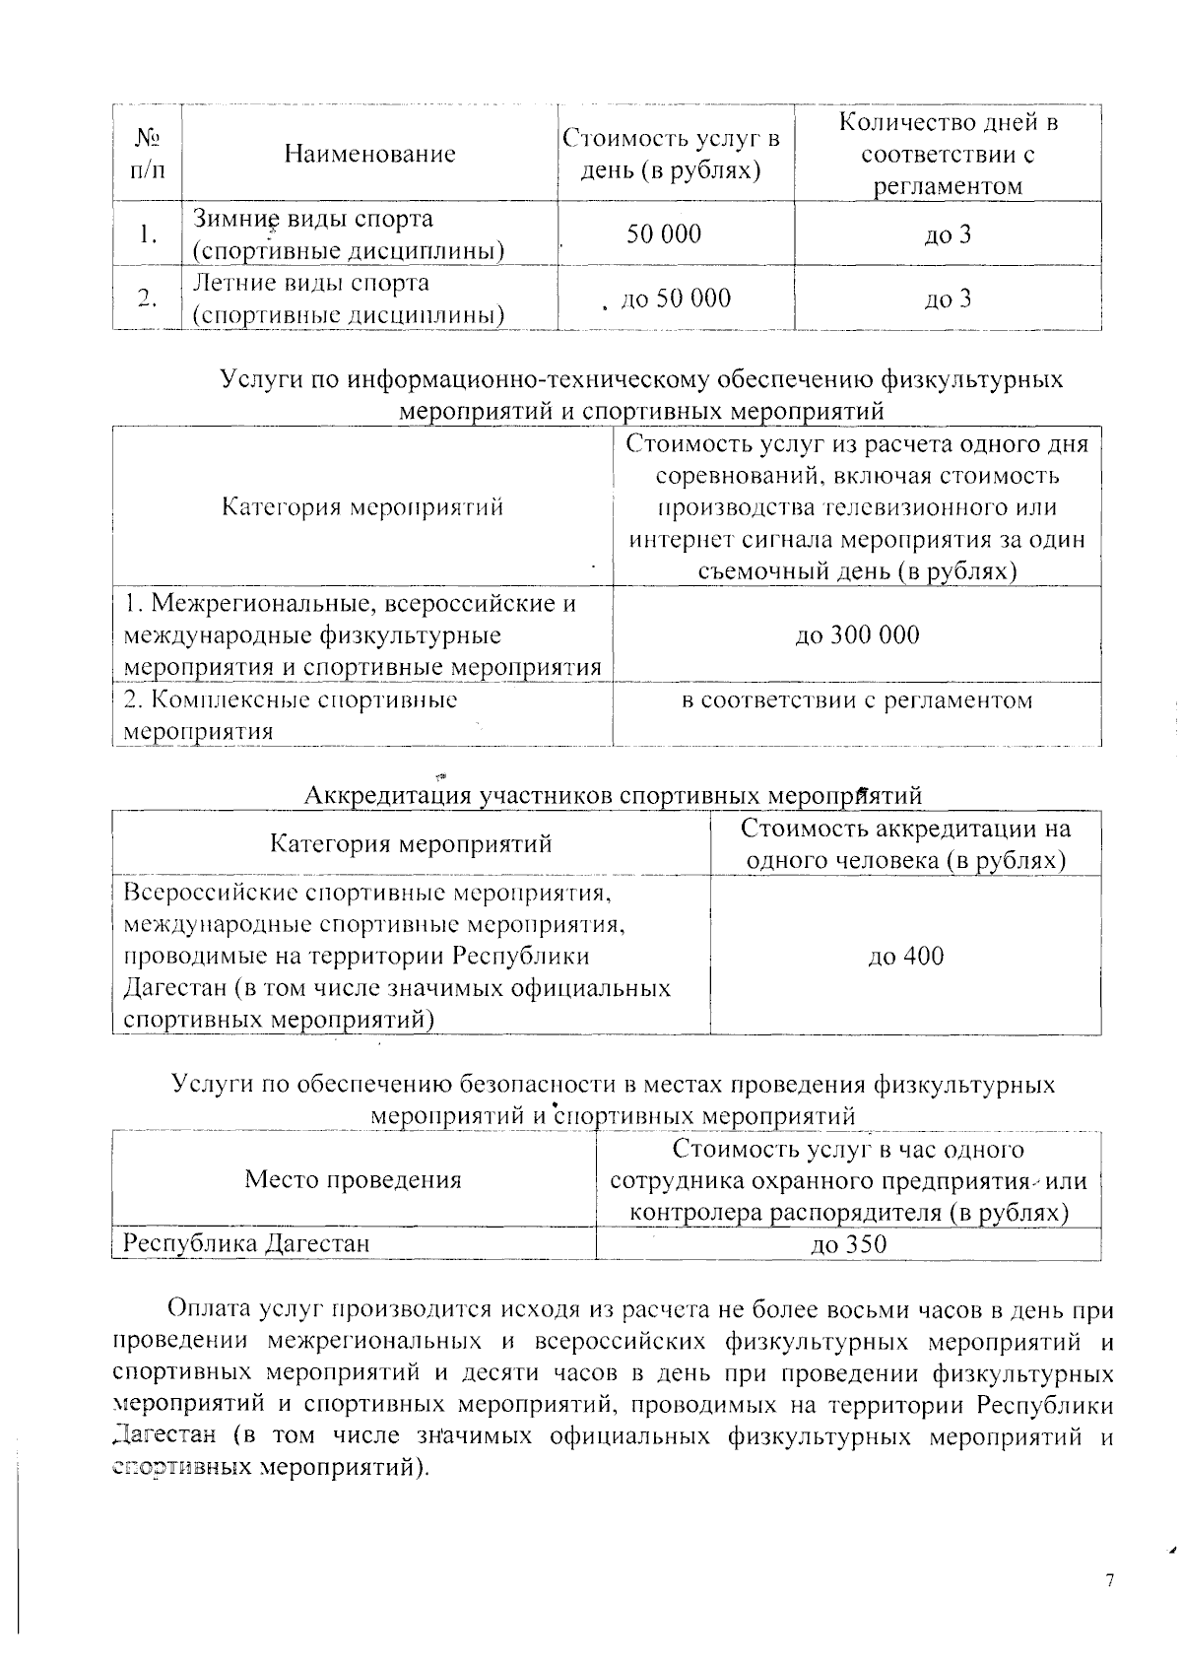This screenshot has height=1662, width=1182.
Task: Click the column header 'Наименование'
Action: click(369, 154)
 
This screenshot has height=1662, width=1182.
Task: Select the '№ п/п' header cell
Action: click(147, 154)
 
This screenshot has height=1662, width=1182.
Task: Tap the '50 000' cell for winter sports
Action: click(664, 234)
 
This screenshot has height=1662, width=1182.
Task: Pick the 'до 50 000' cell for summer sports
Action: click(675, 299)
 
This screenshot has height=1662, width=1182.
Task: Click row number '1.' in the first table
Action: click(147, 234)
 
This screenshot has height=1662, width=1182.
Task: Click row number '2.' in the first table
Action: click(147, 299)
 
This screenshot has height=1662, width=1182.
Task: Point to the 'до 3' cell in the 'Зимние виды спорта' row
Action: click(947, 234)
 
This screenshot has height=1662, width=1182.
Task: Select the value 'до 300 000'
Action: click(857, 634)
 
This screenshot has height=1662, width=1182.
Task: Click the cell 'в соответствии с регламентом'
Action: click(857, 700)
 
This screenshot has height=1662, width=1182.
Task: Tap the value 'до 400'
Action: click(905, 956)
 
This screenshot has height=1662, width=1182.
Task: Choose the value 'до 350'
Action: click(848, 1244)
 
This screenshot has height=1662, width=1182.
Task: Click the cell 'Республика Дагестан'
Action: click(245, 1244)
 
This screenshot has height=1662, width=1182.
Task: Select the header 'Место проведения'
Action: click(353, 1180)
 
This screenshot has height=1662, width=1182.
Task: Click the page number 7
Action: click(1110, 1554)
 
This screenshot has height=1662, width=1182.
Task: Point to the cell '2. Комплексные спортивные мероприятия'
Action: click(291, 715)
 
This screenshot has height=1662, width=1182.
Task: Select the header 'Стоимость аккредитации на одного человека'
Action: click(905, 844)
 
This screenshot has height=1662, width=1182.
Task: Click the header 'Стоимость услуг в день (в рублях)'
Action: click(672, 154)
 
